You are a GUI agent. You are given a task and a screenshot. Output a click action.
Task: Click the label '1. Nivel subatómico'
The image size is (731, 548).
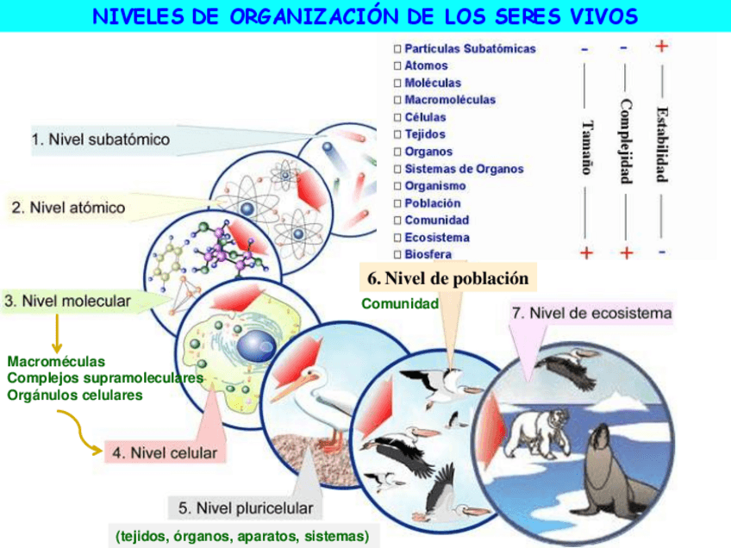pos(101,139)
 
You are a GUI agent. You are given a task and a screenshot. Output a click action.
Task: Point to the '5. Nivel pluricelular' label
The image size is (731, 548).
pos(245,507)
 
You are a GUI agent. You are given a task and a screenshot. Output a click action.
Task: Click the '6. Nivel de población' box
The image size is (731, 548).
pos(447,278)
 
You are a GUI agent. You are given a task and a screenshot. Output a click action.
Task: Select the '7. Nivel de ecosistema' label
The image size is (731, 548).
pos(591,313)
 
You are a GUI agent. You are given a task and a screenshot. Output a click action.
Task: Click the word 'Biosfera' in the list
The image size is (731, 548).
pos(428,254)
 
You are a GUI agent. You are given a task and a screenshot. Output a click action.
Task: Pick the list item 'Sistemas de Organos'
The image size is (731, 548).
pos(464,169)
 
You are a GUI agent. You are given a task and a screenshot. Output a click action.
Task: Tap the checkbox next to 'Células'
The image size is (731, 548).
pos(397,117)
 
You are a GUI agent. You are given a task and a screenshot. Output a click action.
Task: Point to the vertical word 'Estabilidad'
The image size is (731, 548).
pos(661,143)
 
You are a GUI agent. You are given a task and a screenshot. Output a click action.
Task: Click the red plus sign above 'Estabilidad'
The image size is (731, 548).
pos(661,46)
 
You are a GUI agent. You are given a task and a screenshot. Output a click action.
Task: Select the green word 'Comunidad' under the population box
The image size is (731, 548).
pos(400,303)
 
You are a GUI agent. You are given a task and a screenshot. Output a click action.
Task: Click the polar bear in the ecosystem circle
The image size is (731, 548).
pos(539,427)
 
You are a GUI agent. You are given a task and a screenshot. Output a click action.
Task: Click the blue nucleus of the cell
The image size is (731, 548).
pos(256,346)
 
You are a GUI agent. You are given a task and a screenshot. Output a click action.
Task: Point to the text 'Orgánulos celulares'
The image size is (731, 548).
pos(75,395)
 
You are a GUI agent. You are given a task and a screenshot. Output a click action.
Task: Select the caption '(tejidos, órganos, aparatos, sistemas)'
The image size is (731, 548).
pos(242,536)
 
